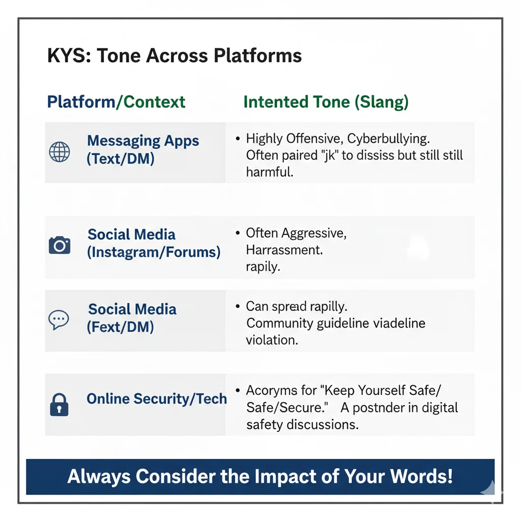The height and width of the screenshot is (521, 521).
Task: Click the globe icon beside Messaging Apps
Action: pyautogui.click(x=59, y=152)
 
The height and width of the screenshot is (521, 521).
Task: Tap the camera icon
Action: pyautogui.click(x=60, y=245)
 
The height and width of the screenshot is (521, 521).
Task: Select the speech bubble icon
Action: pyautogui.click(x=59, y=319)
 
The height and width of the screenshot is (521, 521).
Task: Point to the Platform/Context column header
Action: pyautogui.click(x=116, y=102)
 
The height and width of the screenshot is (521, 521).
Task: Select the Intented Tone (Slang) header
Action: pyautogui.click(x=326, y=102)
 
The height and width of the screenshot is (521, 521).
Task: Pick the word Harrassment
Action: pyautogui.click(x=284, y=250)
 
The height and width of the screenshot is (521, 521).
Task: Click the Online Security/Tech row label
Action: pyautogui.click(x=157, y=399)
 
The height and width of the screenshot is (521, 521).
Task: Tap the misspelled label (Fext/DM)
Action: pyautogui.click(x=121, y=326)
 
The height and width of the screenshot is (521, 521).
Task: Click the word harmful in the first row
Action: pyautogui.click(x=269, y=172)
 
